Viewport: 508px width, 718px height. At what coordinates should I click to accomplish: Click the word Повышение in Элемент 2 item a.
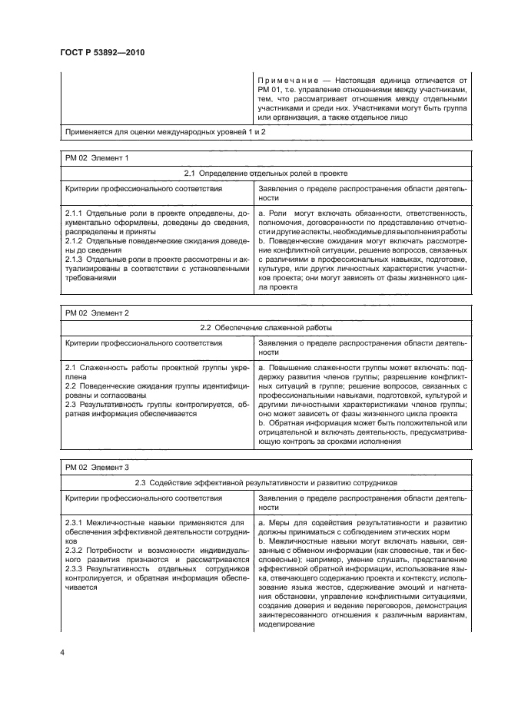pyautogui.click(x=292, y=368)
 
